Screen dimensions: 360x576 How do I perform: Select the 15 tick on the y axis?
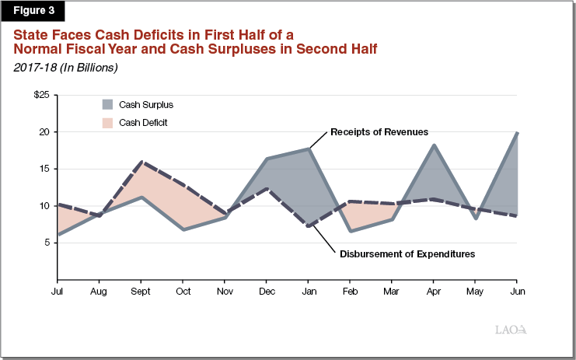pyautogui.click(x=43, y=169)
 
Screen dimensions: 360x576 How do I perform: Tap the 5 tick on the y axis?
pyautogui.click(x=45, y=243)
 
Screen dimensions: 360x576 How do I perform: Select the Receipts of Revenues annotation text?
pyautogui.click(x=379, y=131)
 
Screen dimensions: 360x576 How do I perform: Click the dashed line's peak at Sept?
pyautogui.click(x=141, y=163)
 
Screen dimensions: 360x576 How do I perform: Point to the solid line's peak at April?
pyautogui.click(x=434, y=145)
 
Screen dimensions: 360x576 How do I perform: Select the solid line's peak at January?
pyautogui.click(x=309, y=149)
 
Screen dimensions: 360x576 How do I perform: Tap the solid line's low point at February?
pyautogui.click(x=351, y=231)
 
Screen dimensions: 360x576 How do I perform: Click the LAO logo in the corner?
pyautogui.click(x=511, y=329)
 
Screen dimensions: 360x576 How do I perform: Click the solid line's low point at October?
pyautogui.click(x=183, y=229)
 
